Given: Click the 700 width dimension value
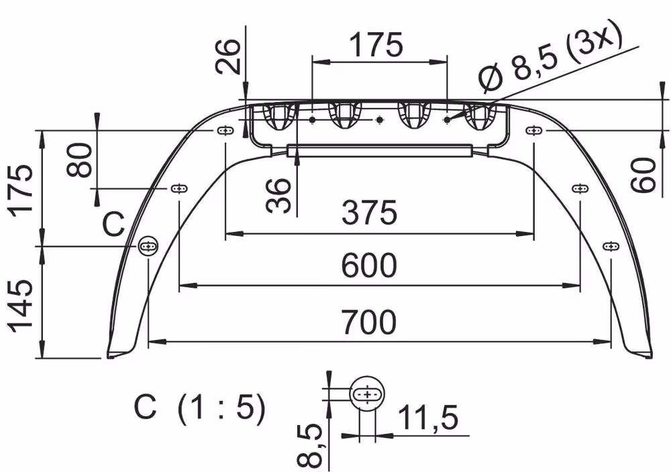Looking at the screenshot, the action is (369, 322).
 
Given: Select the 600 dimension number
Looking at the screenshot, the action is (369, 265).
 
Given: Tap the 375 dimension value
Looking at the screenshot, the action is (369, 212).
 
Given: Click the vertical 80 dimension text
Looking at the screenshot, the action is (80, 160).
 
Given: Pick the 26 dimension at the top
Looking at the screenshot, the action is (227, 56).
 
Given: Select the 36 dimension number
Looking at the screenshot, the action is (278, 196).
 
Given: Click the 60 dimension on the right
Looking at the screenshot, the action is (643, 174).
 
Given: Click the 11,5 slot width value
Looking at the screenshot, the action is (428, 417).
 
